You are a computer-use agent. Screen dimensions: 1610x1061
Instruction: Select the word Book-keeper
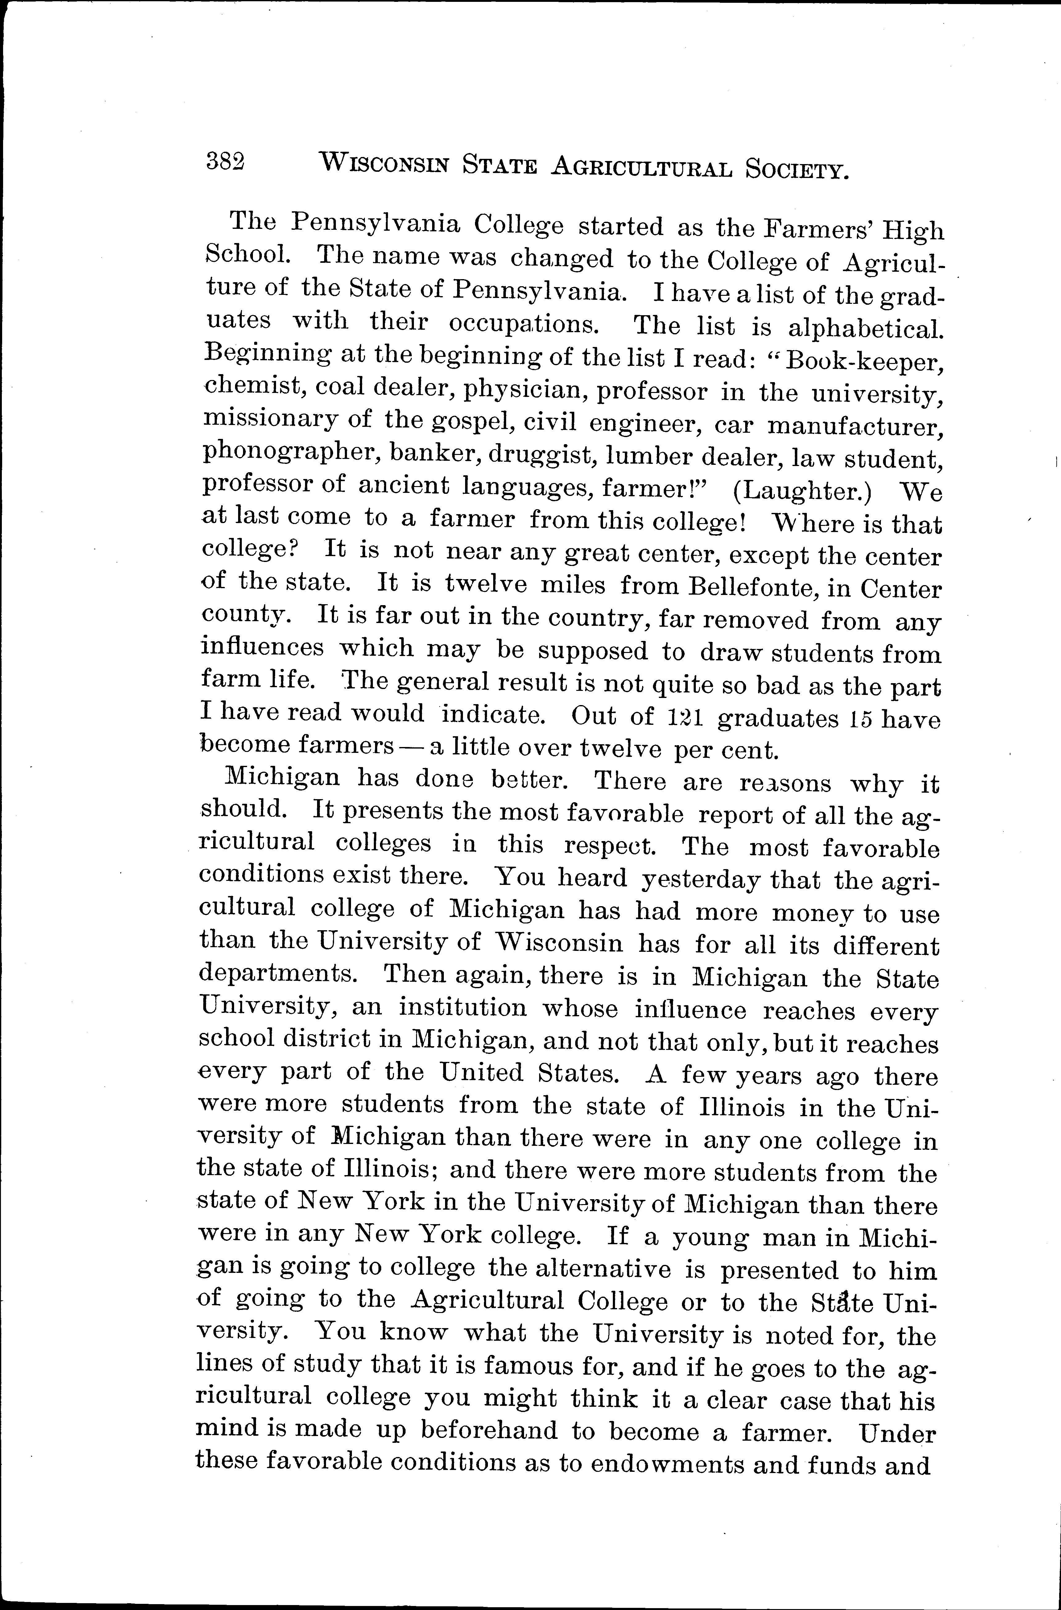pyautogui.click(x=864, y=362)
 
